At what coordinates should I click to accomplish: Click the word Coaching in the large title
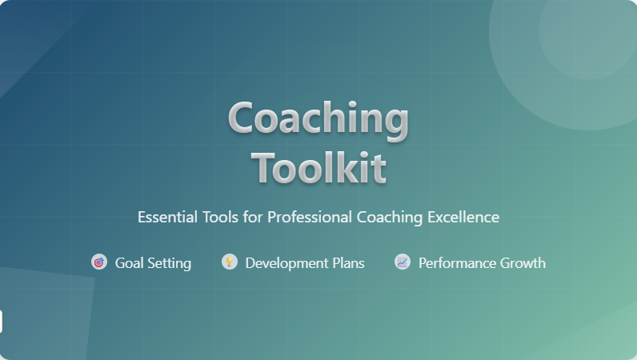318,119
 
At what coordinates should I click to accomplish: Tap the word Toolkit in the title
318,167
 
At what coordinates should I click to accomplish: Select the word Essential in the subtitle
167,217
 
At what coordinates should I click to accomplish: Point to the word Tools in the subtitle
220,217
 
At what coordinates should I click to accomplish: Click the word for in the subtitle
253,217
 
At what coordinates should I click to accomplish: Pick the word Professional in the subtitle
310,217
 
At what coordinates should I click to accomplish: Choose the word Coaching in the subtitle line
390,218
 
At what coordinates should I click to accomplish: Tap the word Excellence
463,217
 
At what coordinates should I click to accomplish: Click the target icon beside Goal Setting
99,262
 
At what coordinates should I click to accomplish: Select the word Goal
129,263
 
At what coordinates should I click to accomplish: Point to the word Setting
169,264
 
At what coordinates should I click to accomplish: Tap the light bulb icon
230,262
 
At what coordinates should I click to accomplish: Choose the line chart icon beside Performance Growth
403,262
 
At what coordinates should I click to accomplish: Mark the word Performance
457,263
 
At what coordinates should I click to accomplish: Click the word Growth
523,263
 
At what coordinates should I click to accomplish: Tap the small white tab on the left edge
1,322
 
